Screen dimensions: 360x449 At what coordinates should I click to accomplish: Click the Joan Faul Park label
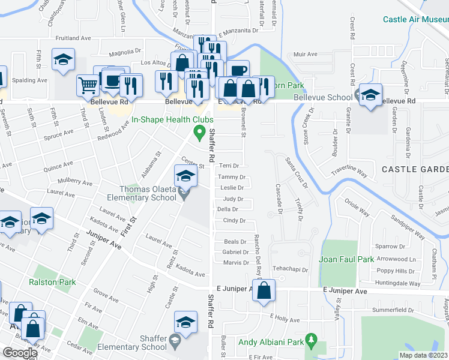click(346, 259)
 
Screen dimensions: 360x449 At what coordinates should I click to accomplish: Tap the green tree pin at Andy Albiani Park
click(310, 341)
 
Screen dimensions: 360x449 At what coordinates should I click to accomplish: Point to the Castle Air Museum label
click(415, 19)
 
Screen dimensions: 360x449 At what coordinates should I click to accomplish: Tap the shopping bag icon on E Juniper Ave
click(264, 292)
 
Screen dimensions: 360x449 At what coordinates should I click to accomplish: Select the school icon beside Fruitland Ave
click(63, 59)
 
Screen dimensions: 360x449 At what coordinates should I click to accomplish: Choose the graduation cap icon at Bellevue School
click(370, 95)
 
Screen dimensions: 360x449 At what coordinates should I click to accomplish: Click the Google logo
click(20, 353)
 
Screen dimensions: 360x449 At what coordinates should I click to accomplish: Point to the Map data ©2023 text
click(423, 355)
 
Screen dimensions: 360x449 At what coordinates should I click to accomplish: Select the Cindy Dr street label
click(234, 221)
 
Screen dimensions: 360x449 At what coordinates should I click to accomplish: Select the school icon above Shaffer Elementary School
click(186, 322)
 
